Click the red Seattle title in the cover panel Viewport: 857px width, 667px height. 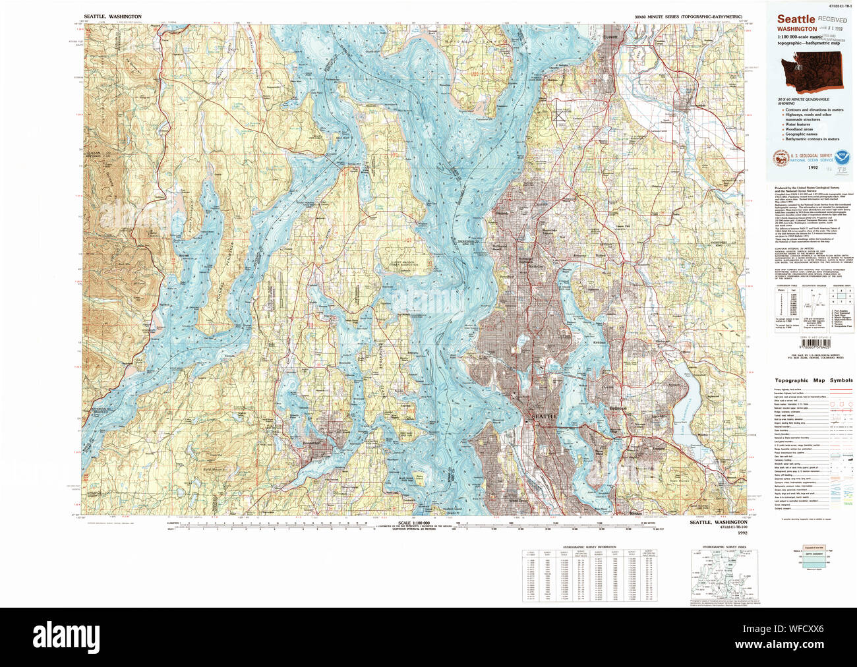coord(796,20)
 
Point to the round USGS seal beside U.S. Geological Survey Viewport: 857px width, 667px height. coord(781,158)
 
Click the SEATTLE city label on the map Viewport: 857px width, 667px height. coord(544,417)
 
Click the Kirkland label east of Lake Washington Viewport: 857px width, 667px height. coord(599,343)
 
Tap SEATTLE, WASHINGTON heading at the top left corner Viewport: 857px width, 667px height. coord(112,16)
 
